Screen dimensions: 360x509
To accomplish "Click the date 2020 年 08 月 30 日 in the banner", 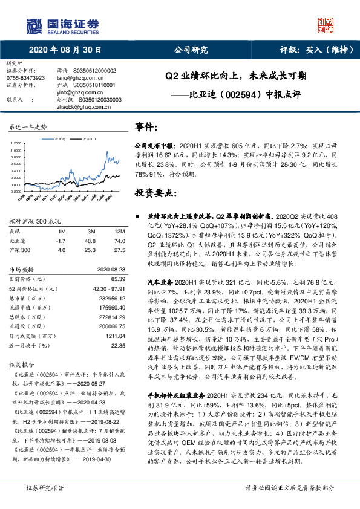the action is tap(65, 50).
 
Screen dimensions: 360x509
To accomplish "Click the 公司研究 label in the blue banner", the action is tap(191, 50).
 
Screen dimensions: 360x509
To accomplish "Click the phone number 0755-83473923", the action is tap(25, 78).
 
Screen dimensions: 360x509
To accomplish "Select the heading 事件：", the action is tap(148, 128).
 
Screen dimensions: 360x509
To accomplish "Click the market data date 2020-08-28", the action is tap(111, 269).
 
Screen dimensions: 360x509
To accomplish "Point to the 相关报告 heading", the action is tap(23, 365).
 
